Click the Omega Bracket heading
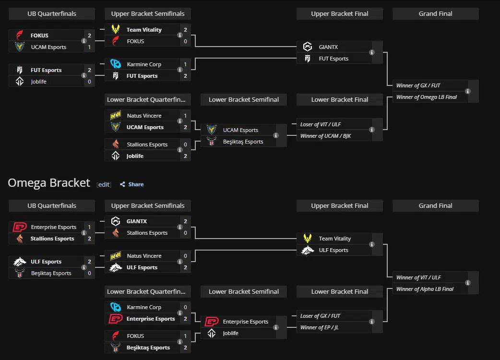49,183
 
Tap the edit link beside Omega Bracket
104,184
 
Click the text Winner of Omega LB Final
426,97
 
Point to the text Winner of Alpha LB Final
425,289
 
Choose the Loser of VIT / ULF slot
321,124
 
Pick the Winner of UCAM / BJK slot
325,136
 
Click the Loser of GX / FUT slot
320,316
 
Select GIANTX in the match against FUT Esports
328,47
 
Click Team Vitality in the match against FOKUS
144,30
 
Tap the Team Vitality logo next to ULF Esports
308,239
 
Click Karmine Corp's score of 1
185,64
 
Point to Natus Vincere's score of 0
185,256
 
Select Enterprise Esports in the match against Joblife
245,322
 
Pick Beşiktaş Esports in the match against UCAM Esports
243,142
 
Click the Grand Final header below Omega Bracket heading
435,205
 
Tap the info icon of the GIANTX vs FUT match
372,53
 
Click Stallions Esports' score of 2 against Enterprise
89,239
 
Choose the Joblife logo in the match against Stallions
115,156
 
